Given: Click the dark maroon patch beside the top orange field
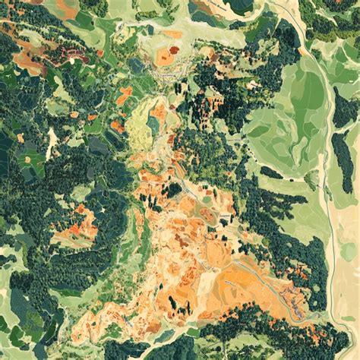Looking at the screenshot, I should coord(174,50).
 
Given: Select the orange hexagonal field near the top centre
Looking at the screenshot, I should coord(164,55).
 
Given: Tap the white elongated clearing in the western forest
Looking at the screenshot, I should coord(52,142).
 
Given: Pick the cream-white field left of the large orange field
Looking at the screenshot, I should coord(207,283).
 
